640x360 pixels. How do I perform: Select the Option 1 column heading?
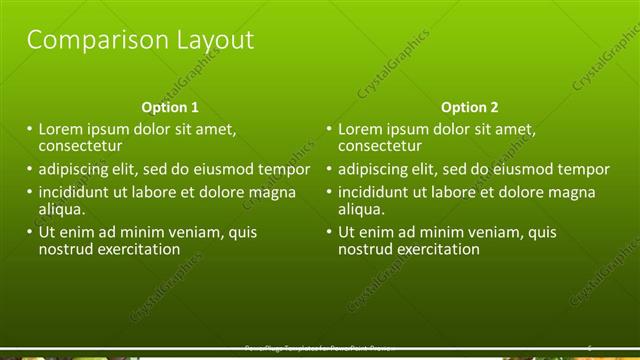pos(170,107)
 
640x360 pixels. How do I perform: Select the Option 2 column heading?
pos(469,107)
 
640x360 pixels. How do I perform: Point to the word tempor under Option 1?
pos(285,169)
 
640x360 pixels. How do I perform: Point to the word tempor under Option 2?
pos(584,169)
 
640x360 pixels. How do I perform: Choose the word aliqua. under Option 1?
pos(62,209)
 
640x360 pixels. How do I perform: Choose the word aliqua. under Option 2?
pos(361,209)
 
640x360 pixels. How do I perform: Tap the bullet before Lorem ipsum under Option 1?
pos(29,129)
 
